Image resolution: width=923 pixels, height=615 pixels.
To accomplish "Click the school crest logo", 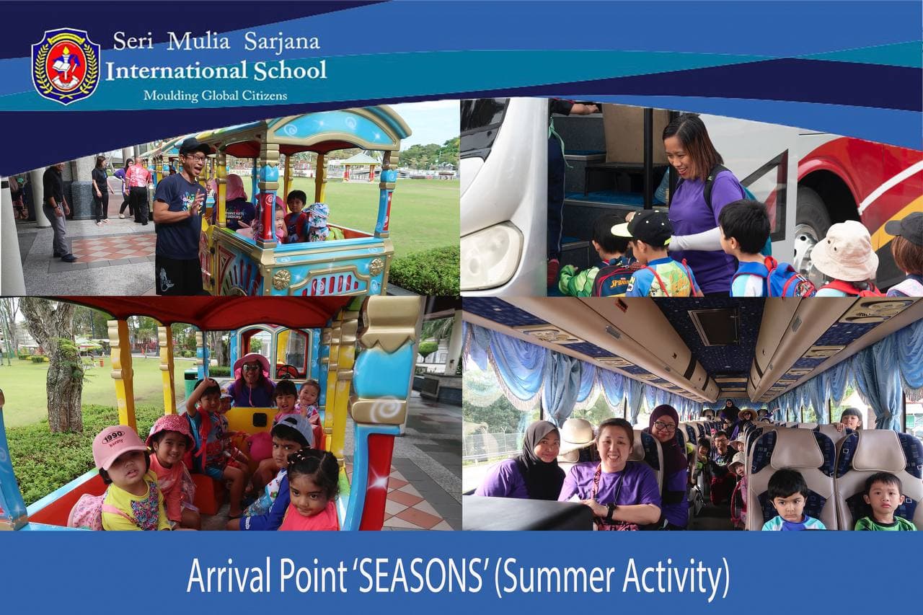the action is click(66, 66).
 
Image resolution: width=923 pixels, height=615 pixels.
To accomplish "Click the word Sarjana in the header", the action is click(282, 42).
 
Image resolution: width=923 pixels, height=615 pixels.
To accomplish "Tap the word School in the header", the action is click(290, 71).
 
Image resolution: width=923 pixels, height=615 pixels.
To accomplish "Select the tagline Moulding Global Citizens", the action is click(216, 96).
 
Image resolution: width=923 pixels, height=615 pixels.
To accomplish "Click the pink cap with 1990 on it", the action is click(118, 446).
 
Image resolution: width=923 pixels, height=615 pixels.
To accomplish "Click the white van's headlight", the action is click(490, 255).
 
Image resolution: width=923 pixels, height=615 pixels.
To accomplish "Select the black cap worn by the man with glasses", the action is click(194, 146).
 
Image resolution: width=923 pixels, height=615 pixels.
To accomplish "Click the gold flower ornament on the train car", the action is click(282, 279).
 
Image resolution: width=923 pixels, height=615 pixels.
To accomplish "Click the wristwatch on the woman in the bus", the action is click(610, 510).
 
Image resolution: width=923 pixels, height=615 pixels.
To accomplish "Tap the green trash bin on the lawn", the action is click(190, 383).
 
